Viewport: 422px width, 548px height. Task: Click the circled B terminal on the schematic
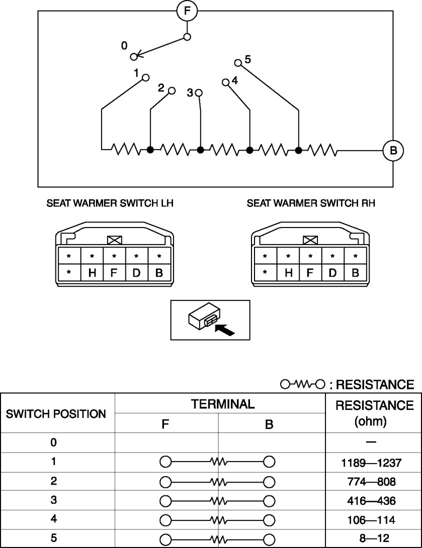click(392, 150)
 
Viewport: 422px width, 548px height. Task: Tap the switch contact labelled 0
click(133, 56)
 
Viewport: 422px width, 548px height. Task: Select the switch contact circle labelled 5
click(238, 62)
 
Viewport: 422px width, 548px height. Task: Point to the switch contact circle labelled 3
click(199, 93)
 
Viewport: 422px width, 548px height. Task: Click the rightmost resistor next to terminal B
click(322, 149)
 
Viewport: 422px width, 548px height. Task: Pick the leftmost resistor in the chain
click(125, 149)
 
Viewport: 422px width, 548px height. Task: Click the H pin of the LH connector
click(92, 273)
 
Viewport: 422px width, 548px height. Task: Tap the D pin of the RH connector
click(332, 273)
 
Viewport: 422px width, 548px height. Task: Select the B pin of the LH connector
click(159, 273)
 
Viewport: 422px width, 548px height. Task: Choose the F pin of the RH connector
click(310, 273)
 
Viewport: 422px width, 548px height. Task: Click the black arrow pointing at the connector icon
click(224, 329)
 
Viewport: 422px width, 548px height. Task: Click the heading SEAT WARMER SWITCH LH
click(110, 204)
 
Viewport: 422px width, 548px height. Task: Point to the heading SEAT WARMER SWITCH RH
click(310, 204)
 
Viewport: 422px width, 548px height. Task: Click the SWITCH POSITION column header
click(56, 414)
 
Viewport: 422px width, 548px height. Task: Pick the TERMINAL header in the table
click(220, 404)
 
